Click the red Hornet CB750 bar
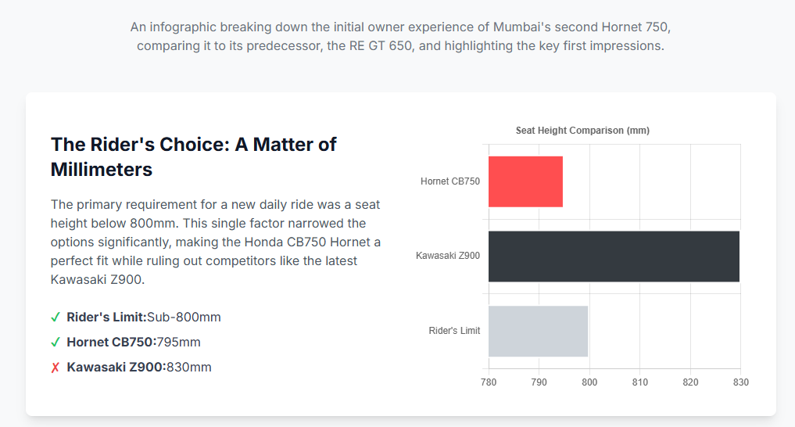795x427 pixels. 525,181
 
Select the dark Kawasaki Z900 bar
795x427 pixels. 614,256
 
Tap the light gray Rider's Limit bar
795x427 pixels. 538,331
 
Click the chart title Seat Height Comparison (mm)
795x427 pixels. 582,131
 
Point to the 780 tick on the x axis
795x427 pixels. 489,382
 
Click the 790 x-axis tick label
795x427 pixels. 539,382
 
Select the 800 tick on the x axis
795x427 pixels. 589,382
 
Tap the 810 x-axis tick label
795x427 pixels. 639,382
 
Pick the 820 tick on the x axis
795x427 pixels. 690,382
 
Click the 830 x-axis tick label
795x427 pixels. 740,382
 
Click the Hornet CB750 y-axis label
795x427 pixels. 450,181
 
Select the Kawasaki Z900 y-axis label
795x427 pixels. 448,256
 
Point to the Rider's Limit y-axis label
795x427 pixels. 454,331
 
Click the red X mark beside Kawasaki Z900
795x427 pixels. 56,368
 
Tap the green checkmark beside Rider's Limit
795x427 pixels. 56,318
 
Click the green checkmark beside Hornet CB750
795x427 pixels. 56,343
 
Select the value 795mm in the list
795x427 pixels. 178,343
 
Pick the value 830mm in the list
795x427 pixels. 188,368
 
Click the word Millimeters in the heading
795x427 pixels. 102,169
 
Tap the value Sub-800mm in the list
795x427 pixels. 184,318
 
